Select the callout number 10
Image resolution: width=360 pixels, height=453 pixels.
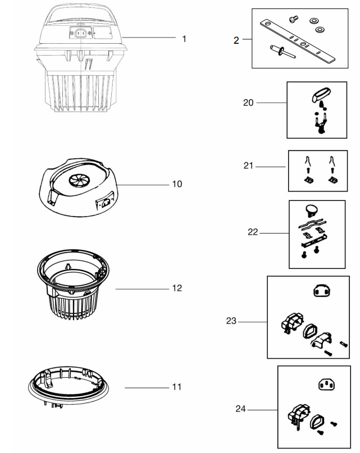point(177,184)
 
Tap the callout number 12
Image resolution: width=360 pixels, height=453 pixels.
point(177,287)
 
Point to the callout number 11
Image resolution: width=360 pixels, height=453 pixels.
point(177,387)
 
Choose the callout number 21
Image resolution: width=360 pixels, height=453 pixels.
point(249,166)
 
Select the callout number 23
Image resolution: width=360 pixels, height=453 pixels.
point(231,322)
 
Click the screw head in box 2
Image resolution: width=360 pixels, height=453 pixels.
point(292,20)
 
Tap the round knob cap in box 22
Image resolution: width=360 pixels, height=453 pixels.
point(312,211)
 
